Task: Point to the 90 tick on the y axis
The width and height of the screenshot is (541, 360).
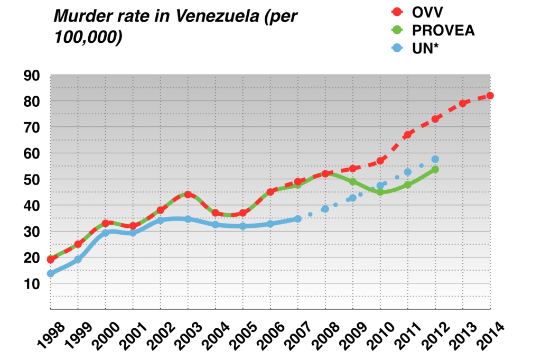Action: click(x=32, y=76)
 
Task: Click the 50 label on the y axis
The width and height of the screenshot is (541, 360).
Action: click(x=32, y=180)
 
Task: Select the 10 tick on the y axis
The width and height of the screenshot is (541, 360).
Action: click(x=32, y=284)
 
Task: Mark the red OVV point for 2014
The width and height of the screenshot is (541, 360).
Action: click(x=490, y=96)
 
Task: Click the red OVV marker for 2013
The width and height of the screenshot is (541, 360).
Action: click(x=462, y=104)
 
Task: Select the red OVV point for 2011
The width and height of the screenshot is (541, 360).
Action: click(x=407, y=135)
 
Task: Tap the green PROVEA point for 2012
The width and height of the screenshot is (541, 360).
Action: click(x=435, y=170)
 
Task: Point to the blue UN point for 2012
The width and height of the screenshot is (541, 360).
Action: click(x=435, y=159)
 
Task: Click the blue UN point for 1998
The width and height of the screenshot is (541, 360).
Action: click(x=51, y=273)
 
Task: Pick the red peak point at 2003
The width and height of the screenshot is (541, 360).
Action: click(x=188, y=195)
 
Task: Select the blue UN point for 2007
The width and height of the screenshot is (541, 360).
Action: click(x=297, y=219)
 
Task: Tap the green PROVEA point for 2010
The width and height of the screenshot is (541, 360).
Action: click(x=380, y=192)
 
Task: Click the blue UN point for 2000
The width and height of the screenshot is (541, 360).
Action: click(x=105, y=233)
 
